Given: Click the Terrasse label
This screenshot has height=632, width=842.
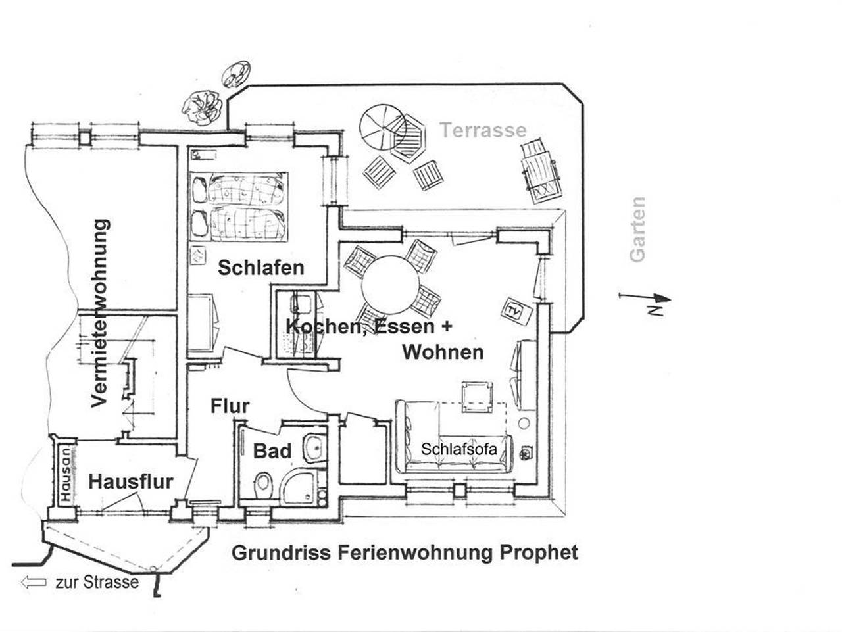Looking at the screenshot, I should pos(483,130).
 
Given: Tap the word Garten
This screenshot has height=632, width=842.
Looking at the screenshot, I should pos(637,230).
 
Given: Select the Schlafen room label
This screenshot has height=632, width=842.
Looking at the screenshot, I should pos(260,268).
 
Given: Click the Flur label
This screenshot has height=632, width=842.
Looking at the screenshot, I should pos(230,406).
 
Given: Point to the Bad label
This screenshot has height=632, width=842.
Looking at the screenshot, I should pos(272,451).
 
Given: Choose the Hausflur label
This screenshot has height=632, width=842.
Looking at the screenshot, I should pos(130,481).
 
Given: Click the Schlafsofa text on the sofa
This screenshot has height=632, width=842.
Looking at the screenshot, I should pos(458,449).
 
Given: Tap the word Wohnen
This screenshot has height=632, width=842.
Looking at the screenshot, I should pos(443,352).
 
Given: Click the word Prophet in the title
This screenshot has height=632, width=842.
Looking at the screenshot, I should pos(539,552).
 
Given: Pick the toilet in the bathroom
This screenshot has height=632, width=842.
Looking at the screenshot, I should pos(263,485).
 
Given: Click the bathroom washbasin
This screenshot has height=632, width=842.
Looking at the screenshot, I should pos(315,448).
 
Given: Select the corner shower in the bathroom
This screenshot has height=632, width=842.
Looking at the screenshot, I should pos(301,489).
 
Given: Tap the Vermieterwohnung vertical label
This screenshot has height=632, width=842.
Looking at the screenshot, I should pos(99,313).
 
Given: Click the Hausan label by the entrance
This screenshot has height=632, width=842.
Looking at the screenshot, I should pos(65,475).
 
